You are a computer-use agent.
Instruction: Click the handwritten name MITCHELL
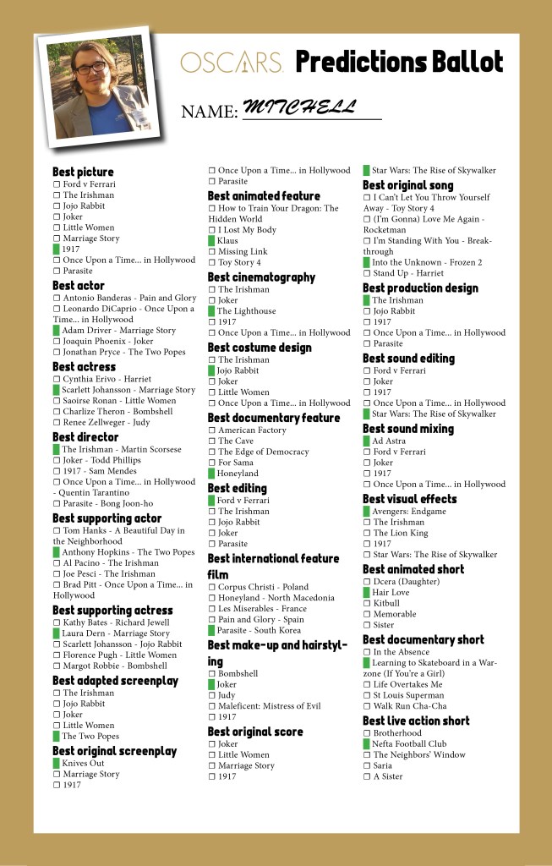tap(299, 107)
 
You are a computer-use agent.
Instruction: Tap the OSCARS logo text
tap(231, 63)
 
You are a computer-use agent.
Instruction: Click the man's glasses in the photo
tap(90, 68)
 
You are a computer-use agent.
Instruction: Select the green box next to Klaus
tap(211, 240)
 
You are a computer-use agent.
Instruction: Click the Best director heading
tap(85, 437)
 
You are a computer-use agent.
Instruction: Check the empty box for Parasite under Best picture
tap(57, 271)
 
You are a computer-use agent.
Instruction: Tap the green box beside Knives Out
tap(57, 763)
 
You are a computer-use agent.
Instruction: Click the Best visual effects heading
tap(409, 499)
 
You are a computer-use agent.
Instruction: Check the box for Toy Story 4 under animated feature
tap(212, 262)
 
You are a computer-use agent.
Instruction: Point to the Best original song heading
tap(407, 185)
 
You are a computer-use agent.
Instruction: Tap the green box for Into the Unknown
tap(367, 262)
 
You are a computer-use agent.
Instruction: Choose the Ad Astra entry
tap(389, 441)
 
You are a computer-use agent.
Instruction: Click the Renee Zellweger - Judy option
tap(105, 422)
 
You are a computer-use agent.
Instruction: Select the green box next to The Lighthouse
tap(211, 311)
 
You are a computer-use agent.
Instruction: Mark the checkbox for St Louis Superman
tap(367, 695)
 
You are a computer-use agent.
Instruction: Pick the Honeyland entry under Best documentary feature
tap(238, 474)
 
